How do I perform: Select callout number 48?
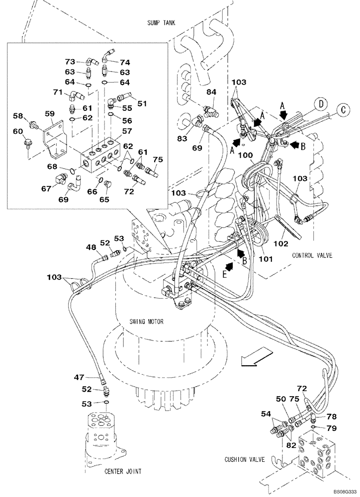[x=90, y=247]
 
